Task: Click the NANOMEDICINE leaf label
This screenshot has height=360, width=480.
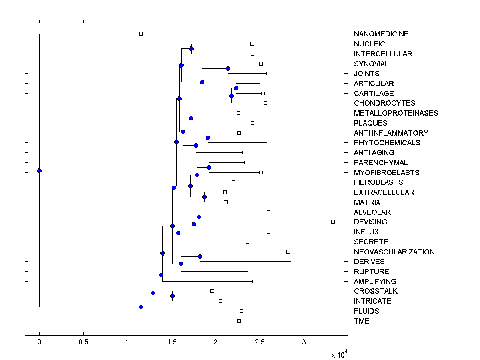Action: (x=381, y=34)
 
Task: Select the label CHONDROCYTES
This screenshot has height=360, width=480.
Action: (x=384, y=103)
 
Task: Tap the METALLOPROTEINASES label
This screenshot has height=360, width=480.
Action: (x=396, y=113)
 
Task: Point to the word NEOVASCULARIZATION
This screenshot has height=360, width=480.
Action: (x=394, y=252)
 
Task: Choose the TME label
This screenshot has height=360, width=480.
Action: (x=362, y=321)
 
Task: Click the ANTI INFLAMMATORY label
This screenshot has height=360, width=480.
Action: (x=391, y=133)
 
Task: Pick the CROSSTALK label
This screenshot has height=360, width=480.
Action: (x=376, y=291)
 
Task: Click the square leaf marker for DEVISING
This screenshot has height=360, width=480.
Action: (x=333, y=222)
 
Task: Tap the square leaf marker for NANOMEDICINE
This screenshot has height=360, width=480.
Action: (x=141, y=34)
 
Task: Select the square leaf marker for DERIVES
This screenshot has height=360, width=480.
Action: (x=292, y=261)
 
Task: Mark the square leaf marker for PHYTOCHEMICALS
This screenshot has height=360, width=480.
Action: (x=268, y=142)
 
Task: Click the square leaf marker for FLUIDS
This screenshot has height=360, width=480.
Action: (x=241, y=311)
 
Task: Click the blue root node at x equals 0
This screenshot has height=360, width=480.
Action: (x=39, y=170)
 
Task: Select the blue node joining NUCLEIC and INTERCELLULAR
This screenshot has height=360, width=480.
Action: (x=191, y=48)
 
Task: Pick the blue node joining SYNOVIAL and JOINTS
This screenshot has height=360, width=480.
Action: (x=228, y=68)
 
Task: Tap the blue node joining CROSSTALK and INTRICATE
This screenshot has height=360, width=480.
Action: (x=172, y=296)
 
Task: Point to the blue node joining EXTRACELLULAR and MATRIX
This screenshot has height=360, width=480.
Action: (x=204, y=197)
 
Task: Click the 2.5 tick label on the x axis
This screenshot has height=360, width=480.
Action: (x=260, y=342)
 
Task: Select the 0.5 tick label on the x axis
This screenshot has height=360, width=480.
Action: (x=83, y=342)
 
